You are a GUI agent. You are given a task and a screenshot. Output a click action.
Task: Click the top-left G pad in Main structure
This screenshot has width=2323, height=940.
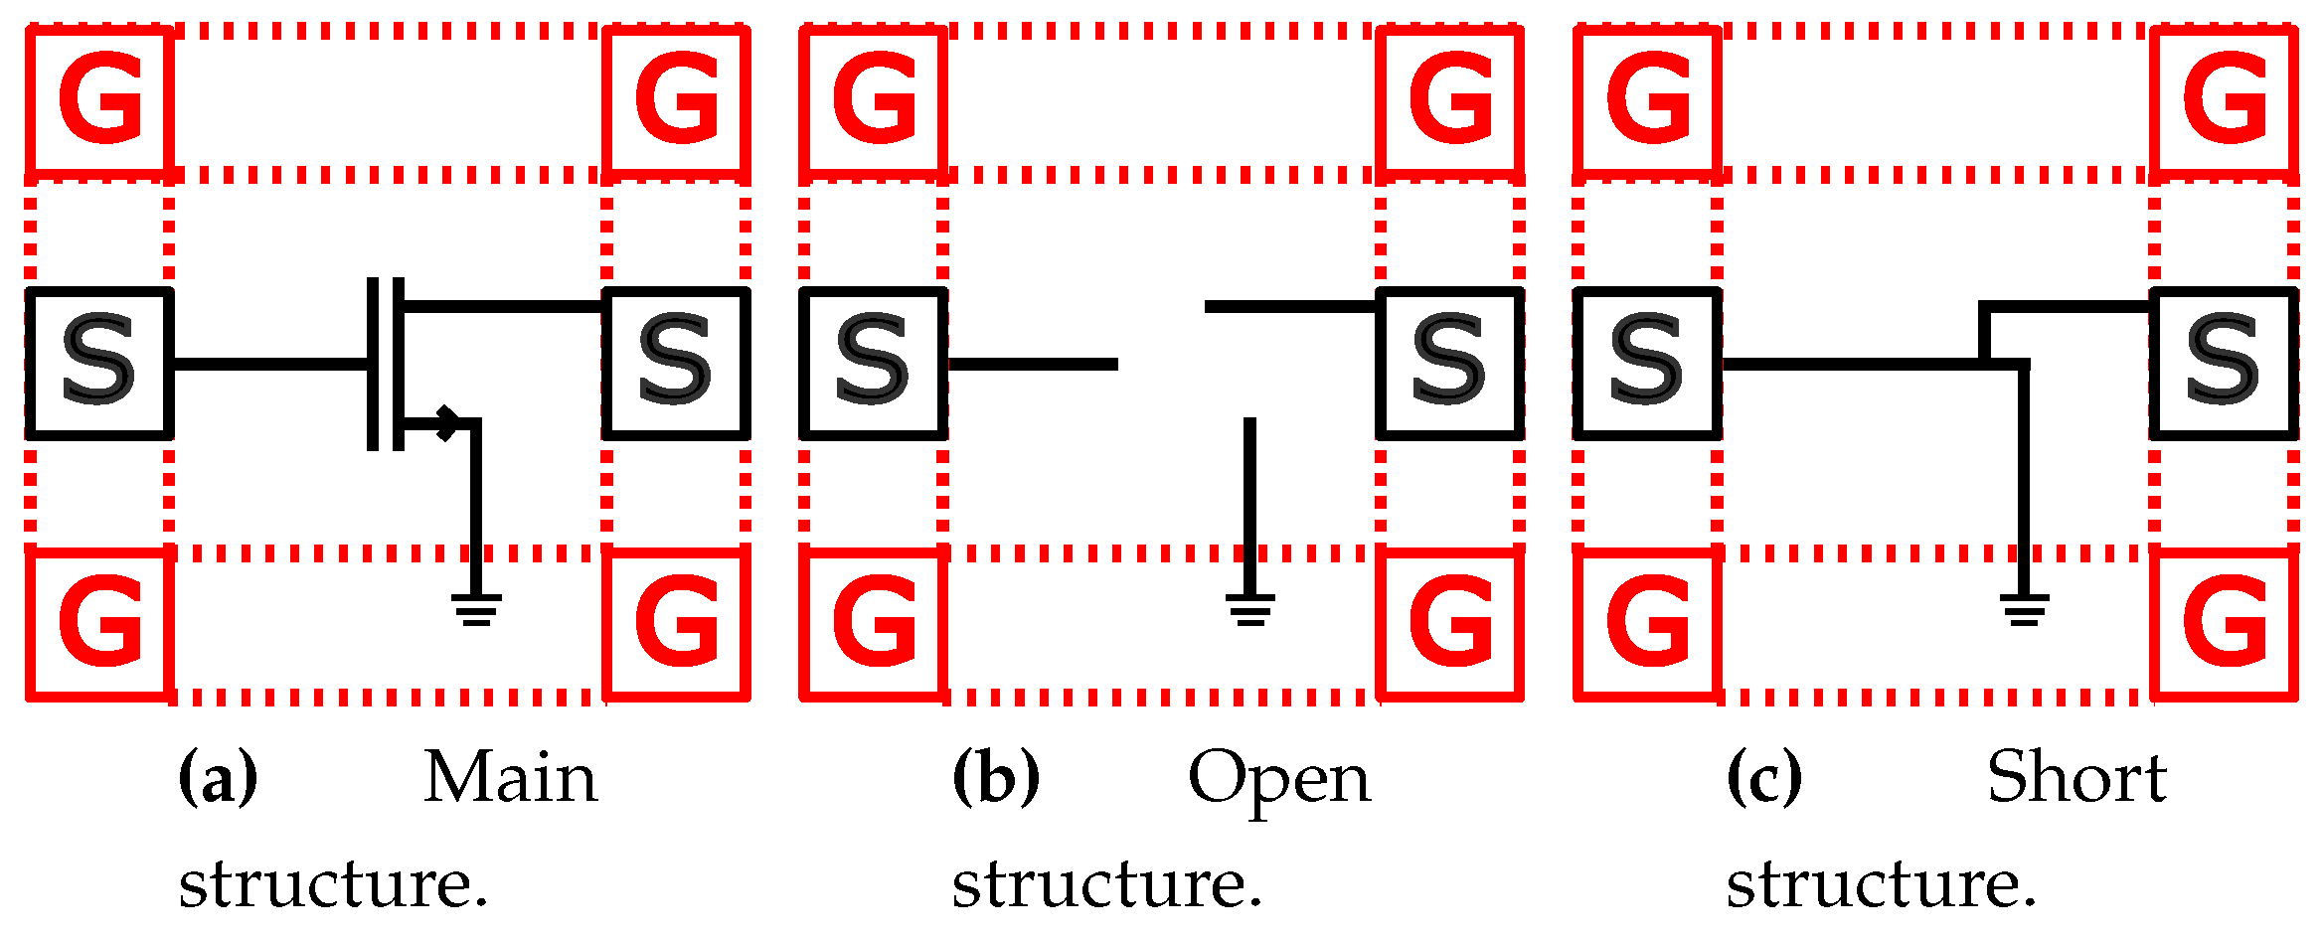[x=99, y=99]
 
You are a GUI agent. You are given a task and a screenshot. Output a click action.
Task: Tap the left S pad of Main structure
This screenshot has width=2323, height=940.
[x=99, y=363]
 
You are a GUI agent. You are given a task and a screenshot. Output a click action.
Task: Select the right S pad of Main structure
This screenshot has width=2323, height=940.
[x=676, y=363]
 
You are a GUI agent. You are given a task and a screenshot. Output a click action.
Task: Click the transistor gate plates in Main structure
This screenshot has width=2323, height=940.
[x=385, y=364]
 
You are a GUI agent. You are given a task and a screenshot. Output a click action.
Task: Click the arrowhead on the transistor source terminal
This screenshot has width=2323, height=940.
[x=447, y=423]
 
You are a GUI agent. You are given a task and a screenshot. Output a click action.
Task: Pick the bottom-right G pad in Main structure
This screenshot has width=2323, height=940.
[x=676, y=623]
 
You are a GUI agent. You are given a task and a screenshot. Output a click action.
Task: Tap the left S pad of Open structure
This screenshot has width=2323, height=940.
[x=873, y=363]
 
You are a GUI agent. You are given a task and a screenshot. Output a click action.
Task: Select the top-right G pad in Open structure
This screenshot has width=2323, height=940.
[x=1450, y=99]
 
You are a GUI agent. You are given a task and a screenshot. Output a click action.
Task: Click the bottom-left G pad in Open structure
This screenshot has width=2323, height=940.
[x=873, y=623]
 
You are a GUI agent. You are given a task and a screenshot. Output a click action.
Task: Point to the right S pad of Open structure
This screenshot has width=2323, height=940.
[x=1450, y=363]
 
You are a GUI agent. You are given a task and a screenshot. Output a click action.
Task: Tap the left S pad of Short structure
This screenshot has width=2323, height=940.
[x=1647, y=363]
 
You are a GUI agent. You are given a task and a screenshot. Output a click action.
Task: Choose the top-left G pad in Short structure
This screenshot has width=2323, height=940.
[x=1647, y=99]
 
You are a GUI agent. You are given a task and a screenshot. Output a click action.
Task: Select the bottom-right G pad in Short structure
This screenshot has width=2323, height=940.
[x=2225, y=623]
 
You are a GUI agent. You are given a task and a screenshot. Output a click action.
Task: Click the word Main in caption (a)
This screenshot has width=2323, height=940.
[x=511, y=777]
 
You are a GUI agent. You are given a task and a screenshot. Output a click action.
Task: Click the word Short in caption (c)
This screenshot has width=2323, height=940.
[x=2076, y=777]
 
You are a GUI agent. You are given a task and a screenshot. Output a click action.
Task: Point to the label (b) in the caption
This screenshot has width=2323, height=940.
[x=996, y=777]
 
